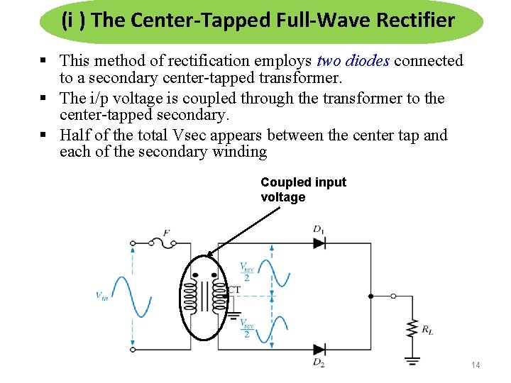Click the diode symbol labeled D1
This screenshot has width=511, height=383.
click(x=319, y=243)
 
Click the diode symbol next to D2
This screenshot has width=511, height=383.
click(x=319, y=349)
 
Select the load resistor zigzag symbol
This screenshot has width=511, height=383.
click(x=411, y=329)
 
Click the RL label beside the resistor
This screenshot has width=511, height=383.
click(x=427, y=329)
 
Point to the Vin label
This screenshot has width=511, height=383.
click(x=102, y=296)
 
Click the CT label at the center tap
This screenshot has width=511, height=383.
click(x=233, y=289)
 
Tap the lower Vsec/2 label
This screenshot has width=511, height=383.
click(x=246, y=329)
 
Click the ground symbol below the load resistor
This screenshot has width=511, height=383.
click(x=411, y=360)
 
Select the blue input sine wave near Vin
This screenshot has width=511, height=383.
click(x=133, y=296)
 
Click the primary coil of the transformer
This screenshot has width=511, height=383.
click(x=189, y=296)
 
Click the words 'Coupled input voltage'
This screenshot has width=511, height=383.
click(x=303, y=189)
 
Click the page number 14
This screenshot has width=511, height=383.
click(x=476, y=365)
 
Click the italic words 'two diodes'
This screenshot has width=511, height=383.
click(x=353, y=61)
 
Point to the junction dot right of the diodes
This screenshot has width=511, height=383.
click(x=370, y=296)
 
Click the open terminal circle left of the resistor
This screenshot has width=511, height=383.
click(x=395, y=296)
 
